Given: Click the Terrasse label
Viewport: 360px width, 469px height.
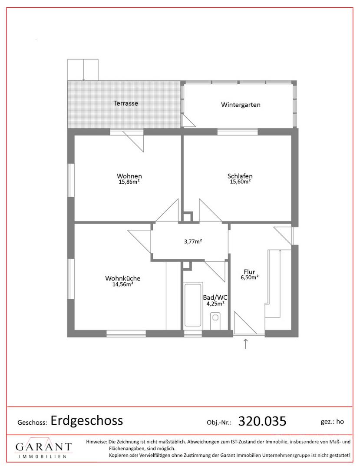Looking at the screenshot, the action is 126,103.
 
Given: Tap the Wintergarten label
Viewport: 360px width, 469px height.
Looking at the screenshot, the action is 241,105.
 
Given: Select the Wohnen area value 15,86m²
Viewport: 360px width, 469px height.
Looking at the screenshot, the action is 129,181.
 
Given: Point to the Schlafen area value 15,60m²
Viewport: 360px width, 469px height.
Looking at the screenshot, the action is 240,181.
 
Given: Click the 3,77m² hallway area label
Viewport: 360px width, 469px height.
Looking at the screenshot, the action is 193,241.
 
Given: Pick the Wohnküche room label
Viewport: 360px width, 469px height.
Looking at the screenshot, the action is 122,278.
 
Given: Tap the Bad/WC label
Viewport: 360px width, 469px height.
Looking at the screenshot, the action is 215,297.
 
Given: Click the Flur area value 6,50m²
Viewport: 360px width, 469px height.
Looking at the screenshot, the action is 250,277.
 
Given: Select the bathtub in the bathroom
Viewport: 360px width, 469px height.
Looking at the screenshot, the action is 193,305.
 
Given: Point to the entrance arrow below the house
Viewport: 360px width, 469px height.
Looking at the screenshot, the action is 246,344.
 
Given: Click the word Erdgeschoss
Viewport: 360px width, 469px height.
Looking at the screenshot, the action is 87,420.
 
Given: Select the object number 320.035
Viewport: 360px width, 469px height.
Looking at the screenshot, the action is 262,421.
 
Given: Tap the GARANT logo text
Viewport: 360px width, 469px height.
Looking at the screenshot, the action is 44,447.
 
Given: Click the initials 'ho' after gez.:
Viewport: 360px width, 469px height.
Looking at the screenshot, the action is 340,422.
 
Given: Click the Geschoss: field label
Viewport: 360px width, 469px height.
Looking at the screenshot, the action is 32,423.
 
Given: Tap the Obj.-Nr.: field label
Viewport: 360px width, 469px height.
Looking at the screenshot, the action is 219,423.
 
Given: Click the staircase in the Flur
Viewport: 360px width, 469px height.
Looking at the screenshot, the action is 278,283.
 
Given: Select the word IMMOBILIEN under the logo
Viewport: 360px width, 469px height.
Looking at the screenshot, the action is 43,456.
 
